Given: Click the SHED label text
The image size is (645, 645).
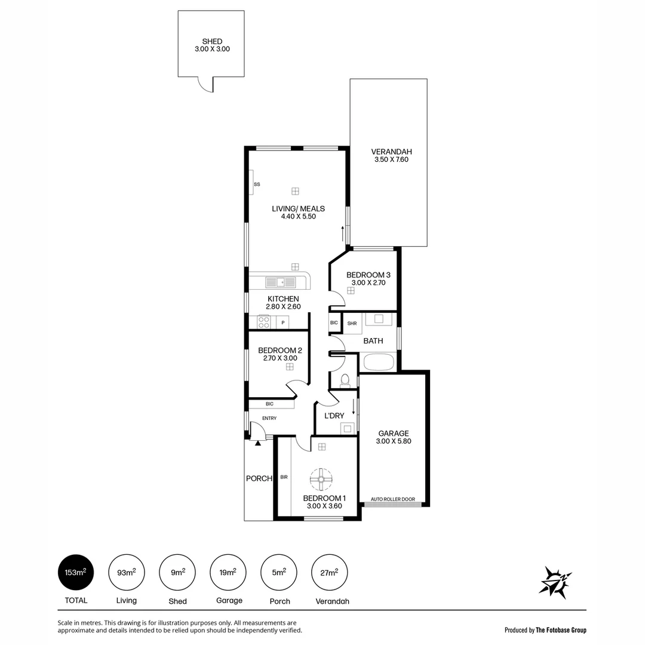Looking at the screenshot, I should click(x=212, y=42).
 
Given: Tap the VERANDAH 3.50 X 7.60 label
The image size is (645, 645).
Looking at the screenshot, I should click(x=391, y=155).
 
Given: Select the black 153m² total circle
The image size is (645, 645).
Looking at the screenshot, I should click(x=76, y=573).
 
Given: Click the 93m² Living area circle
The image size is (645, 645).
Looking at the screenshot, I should click(x=127, y=573).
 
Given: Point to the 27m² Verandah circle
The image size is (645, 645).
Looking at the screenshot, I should click(x=330, y=573).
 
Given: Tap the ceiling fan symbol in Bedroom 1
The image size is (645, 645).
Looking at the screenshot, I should click(x=321, y=478).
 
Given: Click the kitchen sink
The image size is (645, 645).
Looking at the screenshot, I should click(x=280, y=282).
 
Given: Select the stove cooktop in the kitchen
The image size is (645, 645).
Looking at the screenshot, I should click(x=263, y=322).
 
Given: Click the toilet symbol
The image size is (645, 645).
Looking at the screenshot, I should click(x=345, y=380).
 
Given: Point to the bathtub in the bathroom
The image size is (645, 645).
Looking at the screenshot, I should click(x=379, y=362).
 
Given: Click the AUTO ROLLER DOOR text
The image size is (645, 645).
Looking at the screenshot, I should click(x=392, y=499).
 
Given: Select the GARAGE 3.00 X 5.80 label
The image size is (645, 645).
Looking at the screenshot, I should click(x=393, y=437).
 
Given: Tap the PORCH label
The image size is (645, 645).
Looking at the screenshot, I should click(x=259, y=478).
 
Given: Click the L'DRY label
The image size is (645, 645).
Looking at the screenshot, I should click(x=334, y=416).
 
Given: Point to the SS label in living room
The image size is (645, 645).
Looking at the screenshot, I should click(x=257, y=185).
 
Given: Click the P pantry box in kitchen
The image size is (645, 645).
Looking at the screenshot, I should click(x=283, y=323).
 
